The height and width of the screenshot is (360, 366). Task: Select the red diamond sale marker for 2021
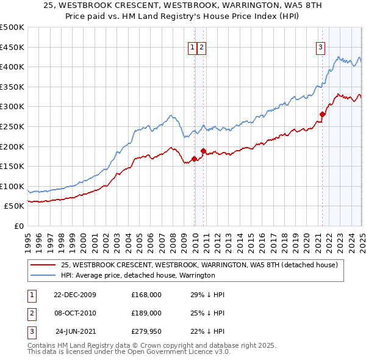[x=322, y=113]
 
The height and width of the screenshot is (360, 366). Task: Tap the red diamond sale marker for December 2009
[x=195, y=159]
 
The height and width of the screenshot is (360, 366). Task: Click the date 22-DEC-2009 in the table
[x=75, y=295]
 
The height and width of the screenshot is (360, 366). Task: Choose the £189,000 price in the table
[x=146, y=313]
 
